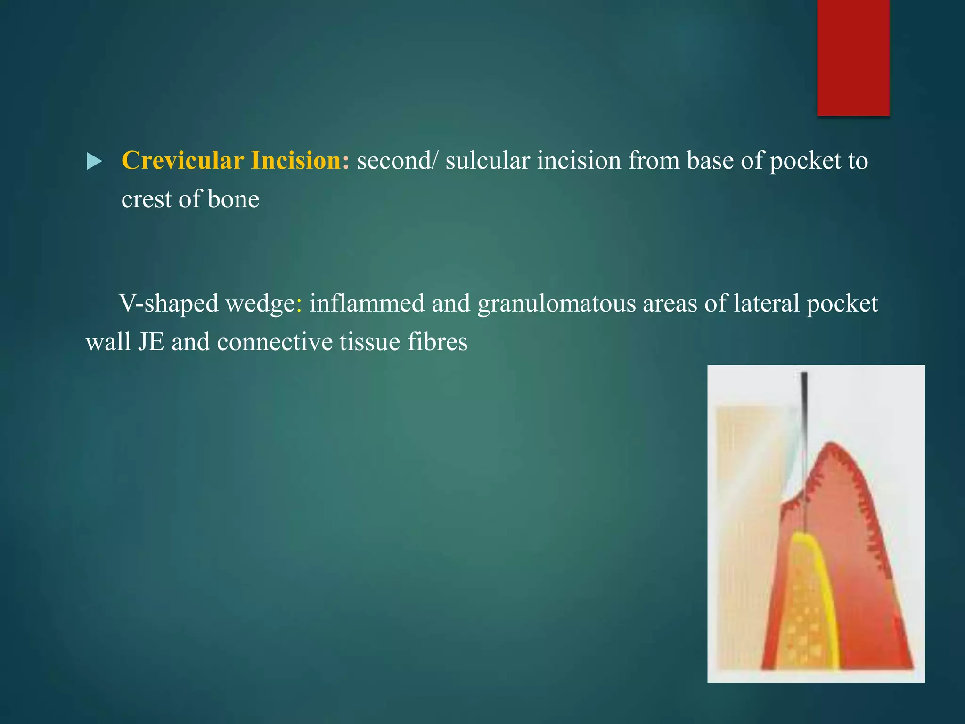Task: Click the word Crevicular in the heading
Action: tap(182, 161)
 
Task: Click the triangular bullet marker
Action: tap(94, 162)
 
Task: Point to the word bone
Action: tap(233, 199)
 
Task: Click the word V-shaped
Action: tap(169, 303)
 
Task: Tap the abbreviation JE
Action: tap(151, 342)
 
